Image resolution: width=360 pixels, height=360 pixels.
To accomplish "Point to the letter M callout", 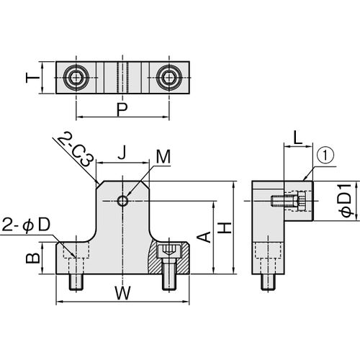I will pos(164,157).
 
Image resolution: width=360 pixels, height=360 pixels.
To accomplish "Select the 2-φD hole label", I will pos(27,225).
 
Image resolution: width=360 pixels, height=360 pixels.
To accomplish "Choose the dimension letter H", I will pos(225,227).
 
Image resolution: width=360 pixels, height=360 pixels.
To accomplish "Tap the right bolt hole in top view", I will pos(169,76).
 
